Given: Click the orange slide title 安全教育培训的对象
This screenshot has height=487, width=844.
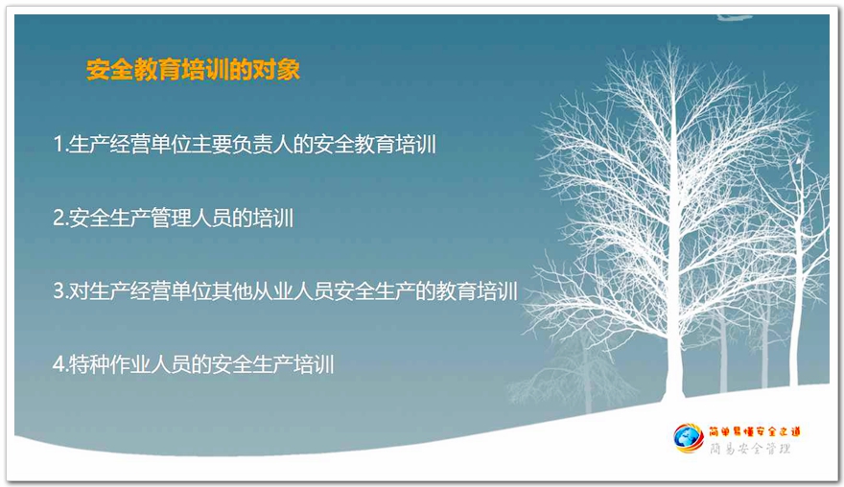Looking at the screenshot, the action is coord(193,69).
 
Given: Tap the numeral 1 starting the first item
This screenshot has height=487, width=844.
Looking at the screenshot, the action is coord(58,144).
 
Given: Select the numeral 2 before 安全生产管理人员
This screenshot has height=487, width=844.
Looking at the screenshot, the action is coord(59,218).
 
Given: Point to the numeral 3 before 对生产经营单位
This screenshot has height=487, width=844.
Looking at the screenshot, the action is coord(59,290).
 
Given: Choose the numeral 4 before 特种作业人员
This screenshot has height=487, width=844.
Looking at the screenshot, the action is coord(59,364).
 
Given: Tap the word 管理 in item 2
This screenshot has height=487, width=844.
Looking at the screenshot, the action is coord(171,218).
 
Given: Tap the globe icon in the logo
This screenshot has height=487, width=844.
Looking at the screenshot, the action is coord(688,438).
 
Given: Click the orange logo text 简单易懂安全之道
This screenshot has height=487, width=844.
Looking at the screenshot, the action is coord(754,431).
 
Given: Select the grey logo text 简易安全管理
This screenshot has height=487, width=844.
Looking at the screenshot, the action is coord(750,449).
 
